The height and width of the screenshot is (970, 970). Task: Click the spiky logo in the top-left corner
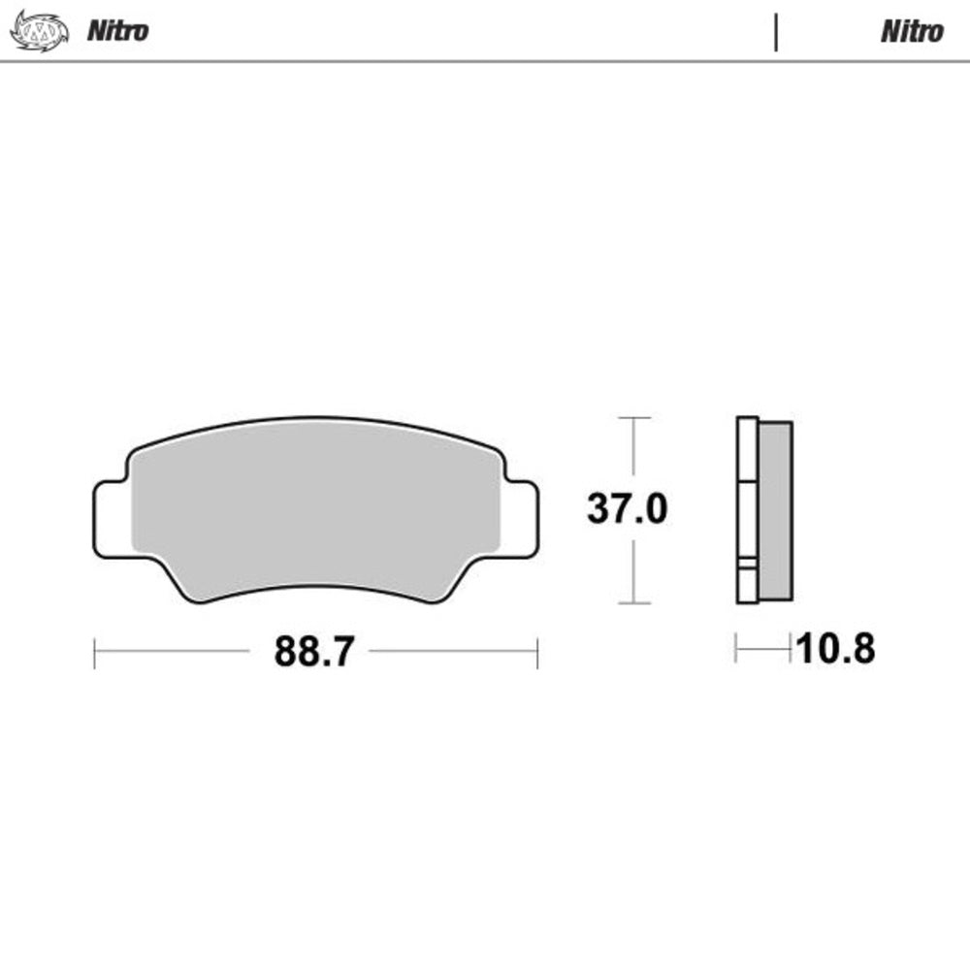pos(39,30)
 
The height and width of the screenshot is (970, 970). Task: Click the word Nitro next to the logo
pos(117,31)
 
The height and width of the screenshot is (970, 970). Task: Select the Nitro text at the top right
pos(911,31)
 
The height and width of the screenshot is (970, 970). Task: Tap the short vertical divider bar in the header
pos(776,31)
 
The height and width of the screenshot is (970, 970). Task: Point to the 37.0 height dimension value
pos(627,508)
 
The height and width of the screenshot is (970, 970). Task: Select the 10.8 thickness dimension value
pos(835,649)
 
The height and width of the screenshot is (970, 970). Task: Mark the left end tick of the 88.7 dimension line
pos(94,653)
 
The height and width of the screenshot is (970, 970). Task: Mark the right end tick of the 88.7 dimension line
pos(537,653)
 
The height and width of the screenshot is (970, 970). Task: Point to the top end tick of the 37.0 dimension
pos(633,418)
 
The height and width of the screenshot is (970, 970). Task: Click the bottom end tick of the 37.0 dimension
pos(633,602)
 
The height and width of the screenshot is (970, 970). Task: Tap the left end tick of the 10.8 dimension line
pos(736,648)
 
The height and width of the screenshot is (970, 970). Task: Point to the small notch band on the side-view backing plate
pos(747,566)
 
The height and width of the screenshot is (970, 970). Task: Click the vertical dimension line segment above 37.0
pos(633,451)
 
